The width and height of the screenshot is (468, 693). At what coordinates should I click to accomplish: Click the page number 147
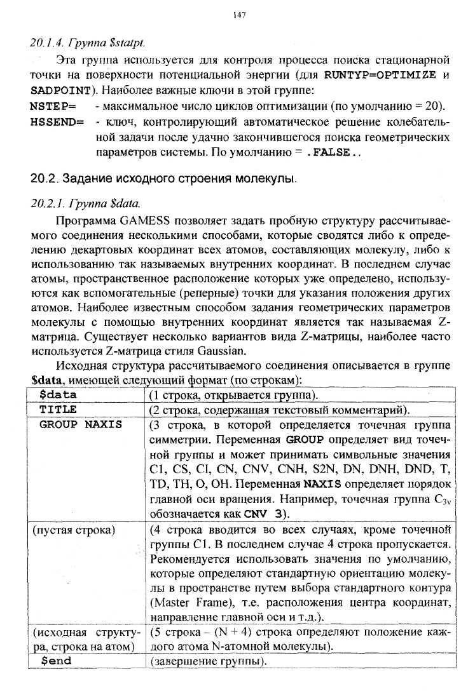coord(240,14)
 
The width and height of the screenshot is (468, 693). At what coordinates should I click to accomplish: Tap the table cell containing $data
coord(58,394)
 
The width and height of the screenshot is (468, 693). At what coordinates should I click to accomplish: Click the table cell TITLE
coord(58,410)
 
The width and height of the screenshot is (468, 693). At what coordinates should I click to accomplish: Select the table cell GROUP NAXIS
coord(81,424)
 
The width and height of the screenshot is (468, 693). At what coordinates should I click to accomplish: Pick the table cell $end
coord(56,661)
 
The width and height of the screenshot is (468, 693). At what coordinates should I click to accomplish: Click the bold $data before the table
coord(48,380)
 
